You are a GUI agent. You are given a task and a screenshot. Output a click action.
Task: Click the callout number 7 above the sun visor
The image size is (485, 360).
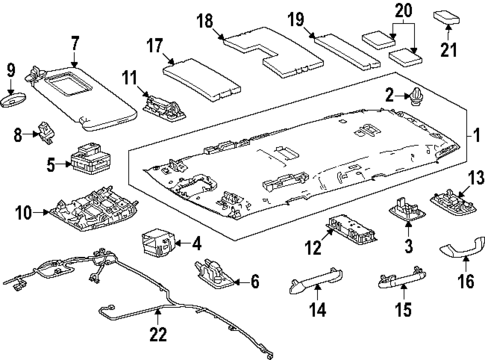[73, 43]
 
